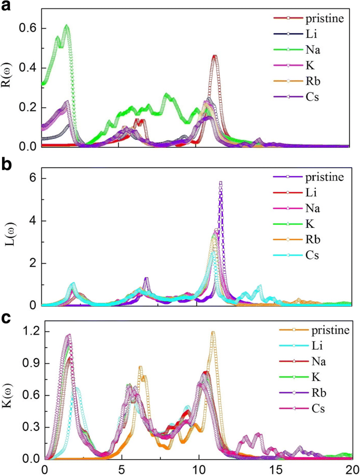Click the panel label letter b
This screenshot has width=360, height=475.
(x=7, y=166)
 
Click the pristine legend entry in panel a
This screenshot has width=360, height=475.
(x=324, y=19)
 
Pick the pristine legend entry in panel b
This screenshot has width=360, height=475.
(x=324, y=177)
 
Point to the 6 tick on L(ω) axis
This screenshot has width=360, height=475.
(x=35, y=178)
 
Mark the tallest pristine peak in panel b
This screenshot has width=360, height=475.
(x=221, y=182)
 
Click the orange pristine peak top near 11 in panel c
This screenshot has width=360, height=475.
(x=213, y=332)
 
